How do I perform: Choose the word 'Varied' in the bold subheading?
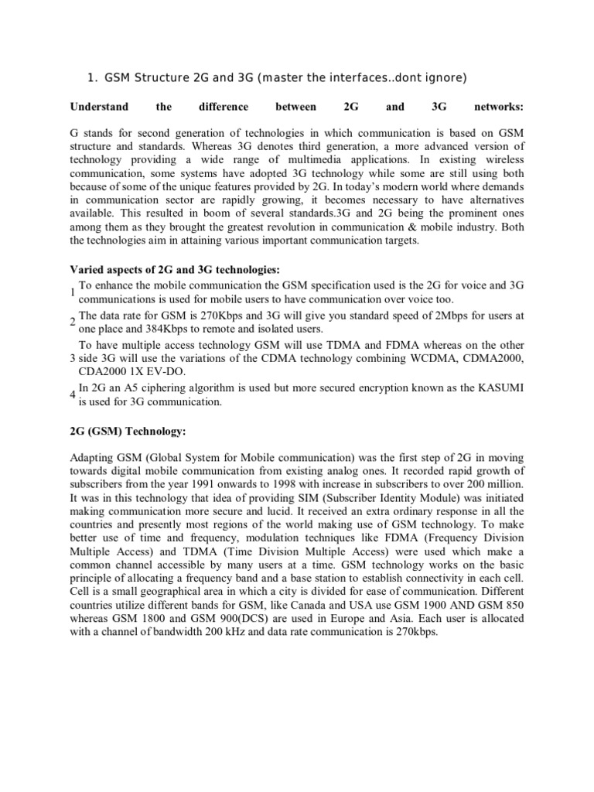click(x=87, y=269)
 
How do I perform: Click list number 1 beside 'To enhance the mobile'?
click(x=72, y=292)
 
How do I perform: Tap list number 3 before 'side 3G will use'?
click(x=72, y=359)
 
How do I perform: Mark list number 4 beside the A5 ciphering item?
click(x=72, y=395)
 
